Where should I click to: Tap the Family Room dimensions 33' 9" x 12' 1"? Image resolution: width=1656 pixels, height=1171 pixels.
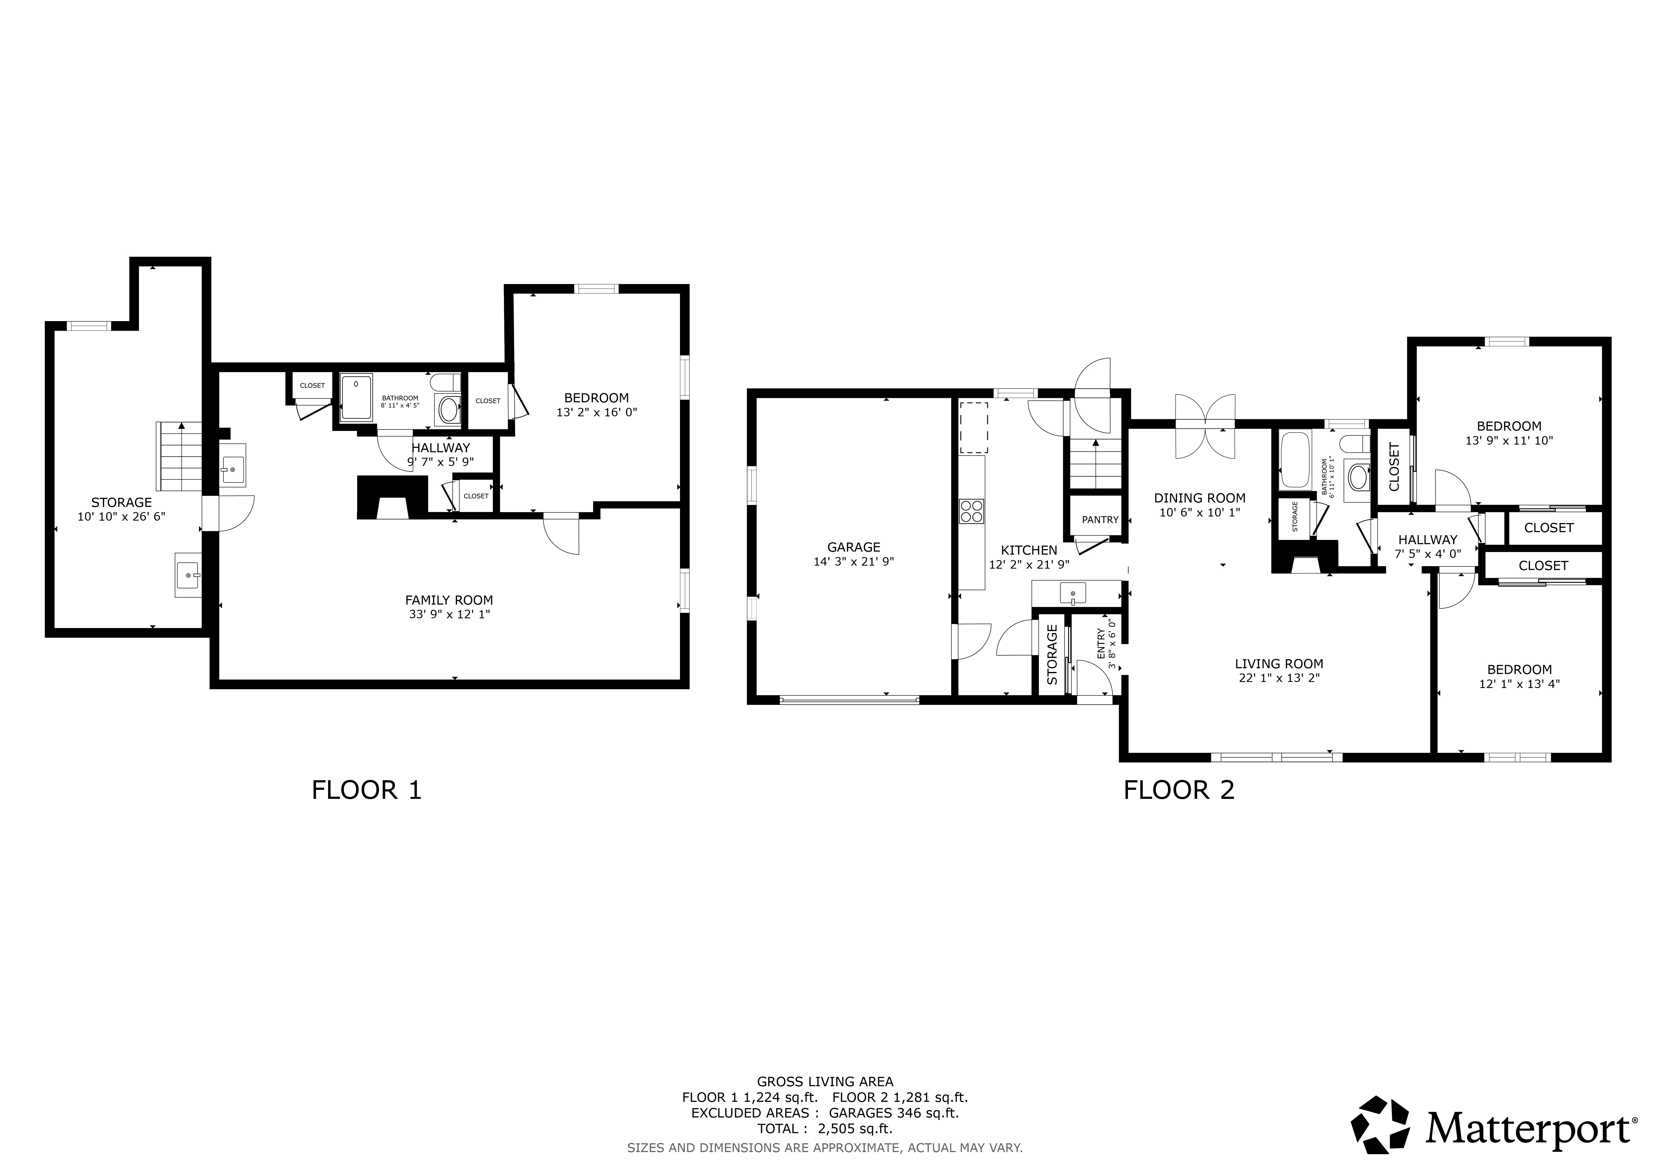point(449,614)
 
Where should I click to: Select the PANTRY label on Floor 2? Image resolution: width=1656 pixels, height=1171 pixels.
point(1100,520)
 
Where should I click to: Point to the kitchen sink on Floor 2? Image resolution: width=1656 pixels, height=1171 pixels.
point(1072,593)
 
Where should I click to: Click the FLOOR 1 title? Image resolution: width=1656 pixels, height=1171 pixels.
point(366,790)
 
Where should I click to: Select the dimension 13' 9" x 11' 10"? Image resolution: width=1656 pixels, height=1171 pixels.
point(1509,440)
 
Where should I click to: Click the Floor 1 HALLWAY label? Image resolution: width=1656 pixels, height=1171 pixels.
point(441,448)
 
